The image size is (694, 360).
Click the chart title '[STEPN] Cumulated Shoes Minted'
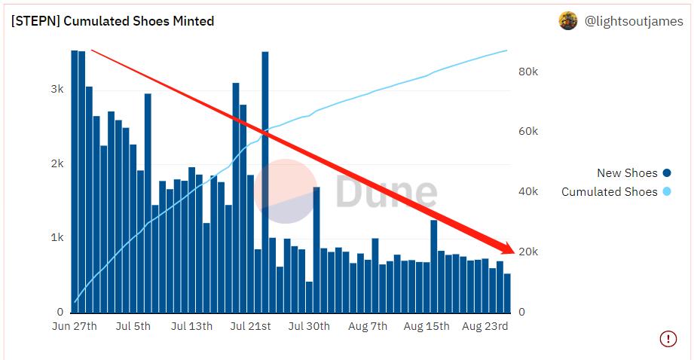112,21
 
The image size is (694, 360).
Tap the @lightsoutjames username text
634,22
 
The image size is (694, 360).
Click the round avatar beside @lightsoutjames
568,21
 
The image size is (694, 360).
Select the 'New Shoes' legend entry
627,173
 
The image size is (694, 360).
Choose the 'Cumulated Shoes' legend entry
609,192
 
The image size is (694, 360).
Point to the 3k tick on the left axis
57,89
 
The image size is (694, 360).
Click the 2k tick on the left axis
57,164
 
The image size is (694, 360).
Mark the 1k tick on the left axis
57,238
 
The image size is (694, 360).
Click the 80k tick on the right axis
527,72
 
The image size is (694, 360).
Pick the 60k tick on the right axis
527,132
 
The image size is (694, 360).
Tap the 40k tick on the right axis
527,192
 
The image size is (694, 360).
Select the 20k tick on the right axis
527,252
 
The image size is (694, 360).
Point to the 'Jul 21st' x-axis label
250,326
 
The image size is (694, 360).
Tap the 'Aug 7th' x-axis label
368,326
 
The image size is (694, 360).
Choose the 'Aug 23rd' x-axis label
485,326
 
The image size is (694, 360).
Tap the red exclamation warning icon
668,339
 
